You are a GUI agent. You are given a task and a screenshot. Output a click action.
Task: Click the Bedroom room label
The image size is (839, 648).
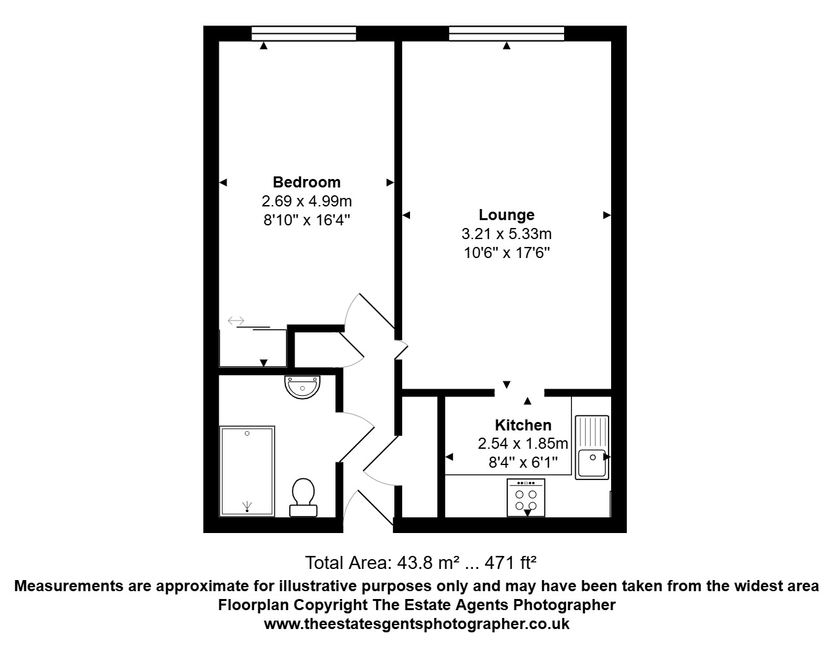click(307, 182)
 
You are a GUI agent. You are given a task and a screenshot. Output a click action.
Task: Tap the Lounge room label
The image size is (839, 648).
click(507, 215)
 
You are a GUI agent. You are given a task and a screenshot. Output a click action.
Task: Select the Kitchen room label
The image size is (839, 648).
click(523, 425)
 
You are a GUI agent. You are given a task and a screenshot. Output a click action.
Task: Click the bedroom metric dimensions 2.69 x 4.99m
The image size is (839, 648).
click(307, 201)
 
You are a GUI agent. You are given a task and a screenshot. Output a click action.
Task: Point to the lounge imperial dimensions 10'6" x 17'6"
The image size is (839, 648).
click(507, 253)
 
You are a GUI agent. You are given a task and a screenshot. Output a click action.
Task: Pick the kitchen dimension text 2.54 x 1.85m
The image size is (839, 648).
click(523, 444)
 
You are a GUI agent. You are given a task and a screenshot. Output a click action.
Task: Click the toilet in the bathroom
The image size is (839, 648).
click(303, 497)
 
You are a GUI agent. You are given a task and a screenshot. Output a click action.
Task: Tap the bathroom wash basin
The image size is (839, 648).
click(302, 387)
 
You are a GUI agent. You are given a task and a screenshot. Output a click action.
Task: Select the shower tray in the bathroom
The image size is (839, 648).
click(247, 471)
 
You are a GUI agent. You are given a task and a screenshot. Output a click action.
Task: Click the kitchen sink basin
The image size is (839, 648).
click(592, 462)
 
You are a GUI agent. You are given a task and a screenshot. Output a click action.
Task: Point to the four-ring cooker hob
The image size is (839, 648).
click(526, 497)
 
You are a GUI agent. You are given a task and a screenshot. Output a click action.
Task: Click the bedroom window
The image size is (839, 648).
click(304, 33)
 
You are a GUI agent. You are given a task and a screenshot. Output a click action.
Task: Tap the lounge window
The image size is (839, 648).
click(507, 33)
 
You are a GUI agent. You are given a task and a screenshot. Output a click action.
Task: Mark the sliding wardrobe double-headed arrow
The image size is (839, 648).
click(236, 320)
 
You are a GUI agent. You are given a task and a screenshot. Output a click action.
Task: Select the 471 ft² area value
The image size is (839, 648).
click(511, 562)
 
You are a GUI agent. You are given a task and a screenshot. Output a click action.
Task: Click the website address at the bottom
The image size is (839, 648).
click(417, 624)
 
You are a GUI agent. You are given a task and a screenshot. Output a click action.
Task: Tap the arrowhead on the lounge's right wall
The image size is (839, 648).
click(607, 215)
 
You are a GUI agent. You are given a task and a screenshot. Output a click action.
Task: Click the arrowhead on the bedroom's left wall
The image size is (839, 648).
click(223, 183)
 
